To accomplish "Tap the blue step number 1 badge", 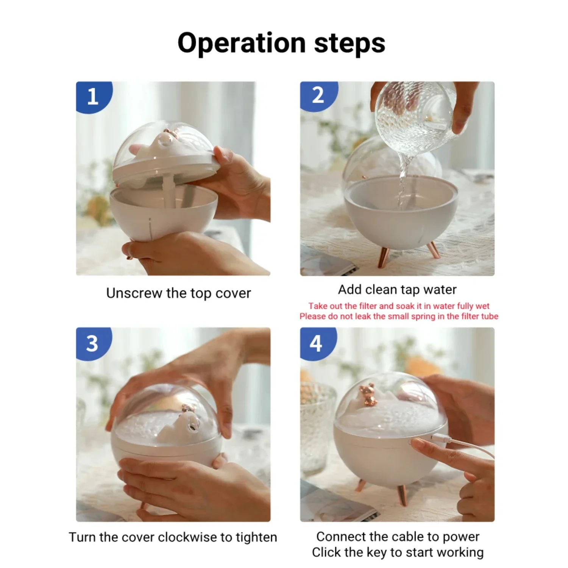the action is coord(93,97).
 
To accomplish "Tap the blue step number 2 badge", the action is coord(318,96).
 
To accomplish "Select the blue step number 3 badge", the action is coord(93,343).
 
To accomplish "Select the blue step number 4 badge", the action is coord(317,343).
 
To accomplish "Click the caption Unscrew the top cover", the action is coord(179,293).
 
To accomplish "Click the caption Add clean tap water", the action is coord(397,290).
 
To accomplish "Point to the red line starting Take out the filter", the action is coord(399,306).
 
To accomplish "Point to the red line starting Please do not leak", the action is coord(399,316).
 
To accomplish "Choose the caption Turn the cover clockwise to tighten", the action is coord(173,537).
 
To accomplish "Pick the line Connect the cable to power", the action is coord(398,537).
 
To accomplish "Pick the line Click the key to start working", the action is coord(398,552).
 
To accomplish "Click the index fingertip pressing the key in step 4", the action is coord(415,442).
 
